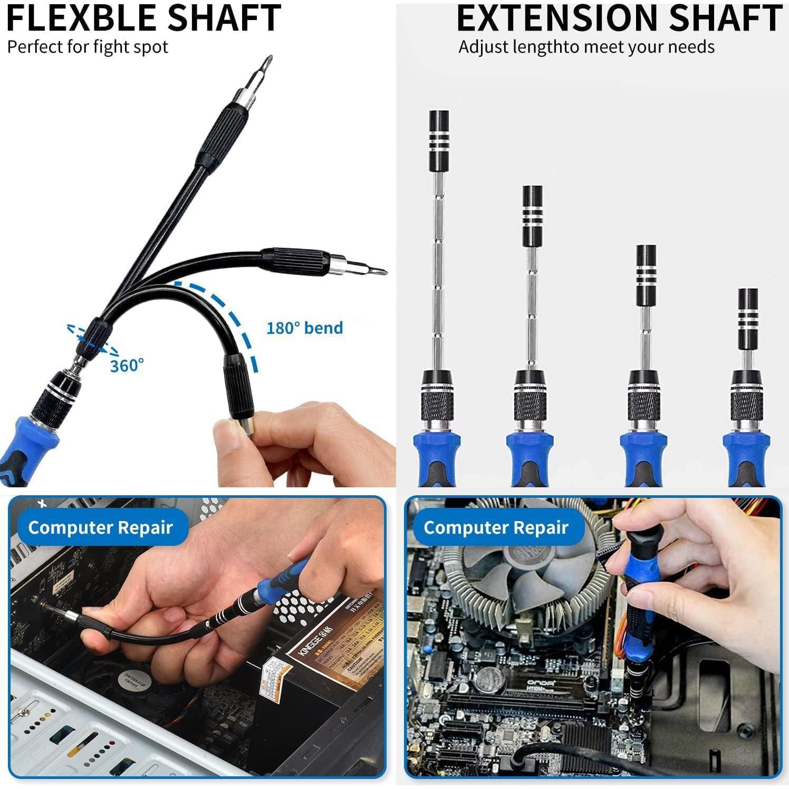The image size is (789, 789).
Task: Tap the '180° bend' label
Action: tap(304, 328)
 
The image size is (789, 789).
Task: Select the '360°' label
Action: tap(127, 365)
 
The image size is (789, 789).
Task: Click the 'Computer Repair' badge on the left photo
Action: tap(100, 527)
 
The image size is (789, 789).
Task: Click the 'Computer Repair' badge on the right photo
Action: tap(496, 527)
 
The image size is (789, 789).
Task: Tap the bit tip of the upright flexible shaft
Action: tap(268, 66)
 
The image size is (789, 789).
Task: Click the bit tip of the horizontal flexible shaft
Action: tap(379, 271)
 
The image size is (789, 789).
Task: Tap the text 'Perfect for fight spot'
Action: tap(88, 47)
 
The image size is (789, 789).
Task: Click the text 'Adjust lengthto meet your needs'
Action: tap(586, 47)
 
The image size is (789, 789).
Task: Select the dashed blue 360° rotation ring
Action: tap(92, 339)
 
